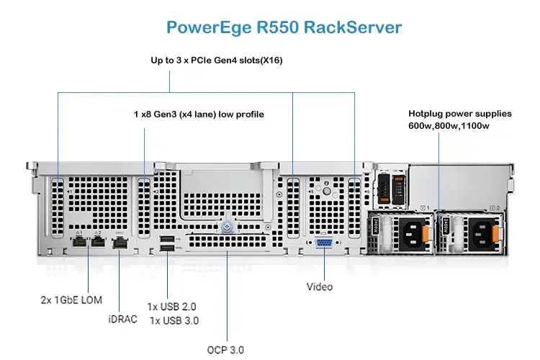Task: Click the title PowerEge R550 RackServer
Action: (284, 28)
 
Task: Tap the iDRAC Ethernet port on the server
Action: (120, 243)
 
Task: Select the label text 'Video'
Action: (320, 287)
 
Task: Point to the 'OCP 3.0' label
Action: (226, 350)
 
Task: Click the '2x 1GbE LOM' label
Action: (71, 299)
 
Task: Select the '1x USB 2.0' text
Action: (171, 306)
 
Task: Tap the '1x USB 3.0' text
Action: (174, 320)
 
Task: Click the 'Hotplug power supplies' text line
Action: (460, 114)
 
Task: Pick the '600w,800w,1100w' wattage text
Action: (449, 127)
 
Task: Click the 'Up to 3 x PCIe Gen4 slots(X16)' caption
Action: (217, 60)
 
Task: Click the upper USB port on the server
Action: (167, 238)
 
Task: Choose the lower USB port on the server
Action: (167, 250)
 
